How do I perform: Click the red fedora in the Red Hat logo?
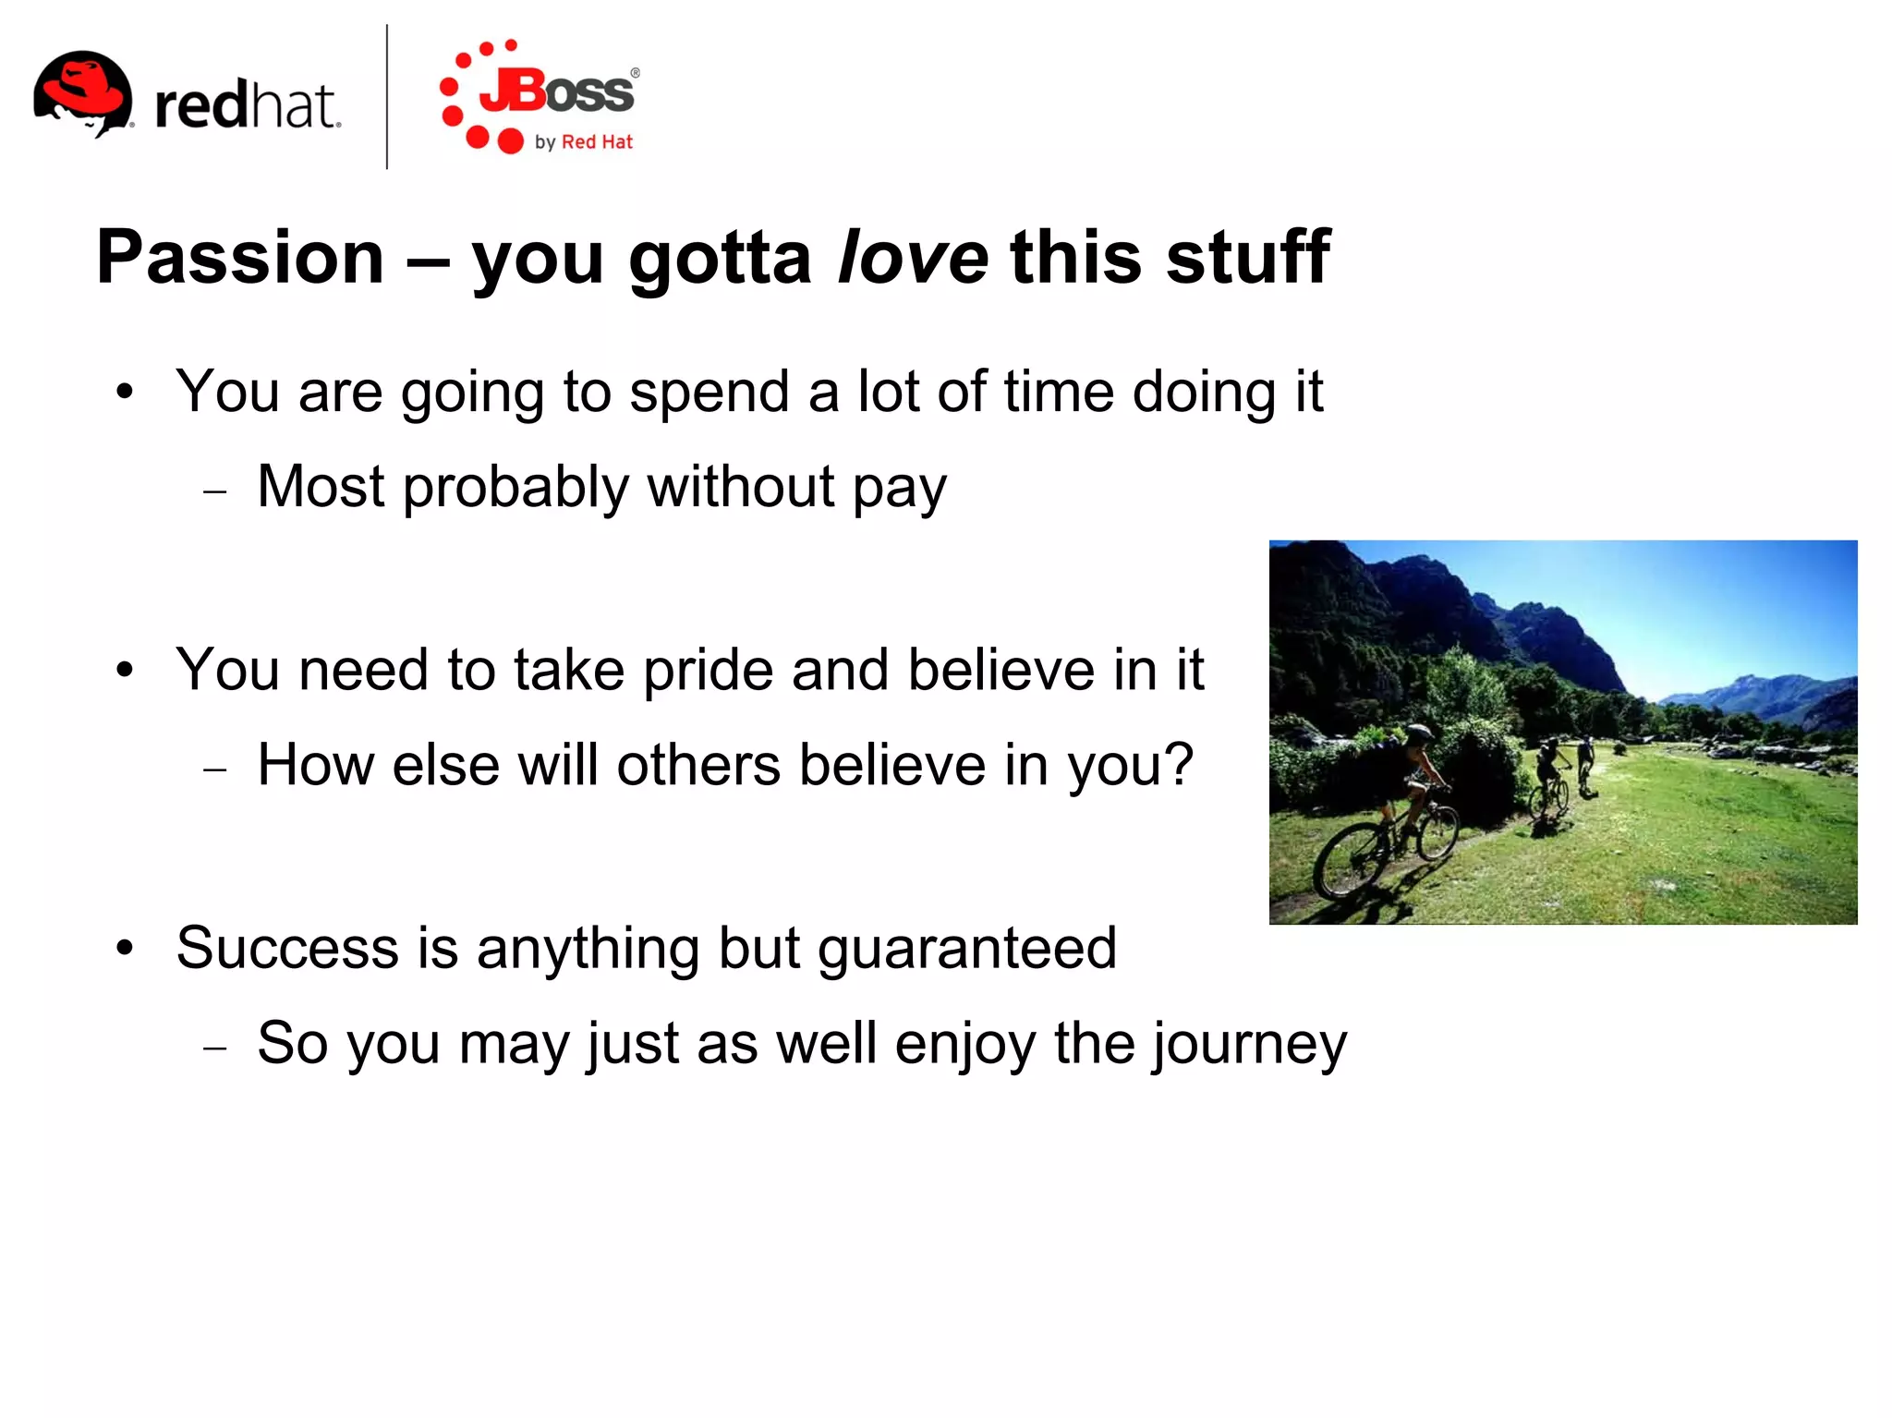coord(83,88)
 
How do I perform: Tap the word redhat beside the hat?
coord(247,105)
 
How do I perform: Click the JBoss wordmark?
coord(558,91)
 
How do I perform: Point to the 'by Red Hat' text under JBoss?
coord(584,142)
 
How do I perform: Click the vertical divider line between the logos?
coord(387,97)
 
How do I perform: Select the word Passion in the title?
coord(240,258)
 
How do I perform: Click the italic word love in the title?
coord(913,258)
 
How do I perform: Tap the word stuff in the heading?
coord(1247,258)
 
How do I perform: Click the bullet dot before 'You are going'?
coord(126,392)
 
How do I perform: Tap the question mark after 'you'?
coord(1178,765)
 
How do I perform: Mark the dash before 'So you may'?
coord(215,1048)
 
